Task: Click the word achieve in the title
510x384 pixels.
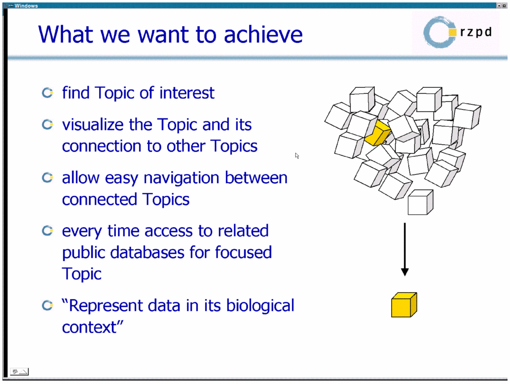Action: coord(263,34)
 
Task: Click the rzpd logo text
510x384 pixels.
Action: coord(476,32)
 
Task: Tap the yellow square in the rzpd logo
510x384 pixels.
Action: coord(452,32)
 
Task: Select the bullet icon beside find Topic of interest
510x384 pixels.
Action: coord(47,93)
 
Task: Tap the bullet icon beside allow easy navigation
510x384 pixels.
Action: coord(47,178)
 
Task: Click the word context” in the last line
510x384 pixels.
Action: coord(93,327)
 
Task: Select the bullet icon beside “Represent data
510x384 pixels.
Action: coord(47,305)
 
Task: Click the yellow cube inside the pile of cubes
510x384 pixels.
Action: coord(377,133)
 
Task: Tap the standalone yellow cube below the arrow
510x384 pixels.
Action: coord(404,305)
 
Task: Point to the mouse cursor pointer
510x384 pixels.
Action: coord(297,156)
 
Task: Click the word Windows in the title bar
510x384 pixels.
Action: coord(26,5)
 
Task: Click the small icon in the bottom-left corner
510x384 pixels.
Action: coord(19,371)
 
